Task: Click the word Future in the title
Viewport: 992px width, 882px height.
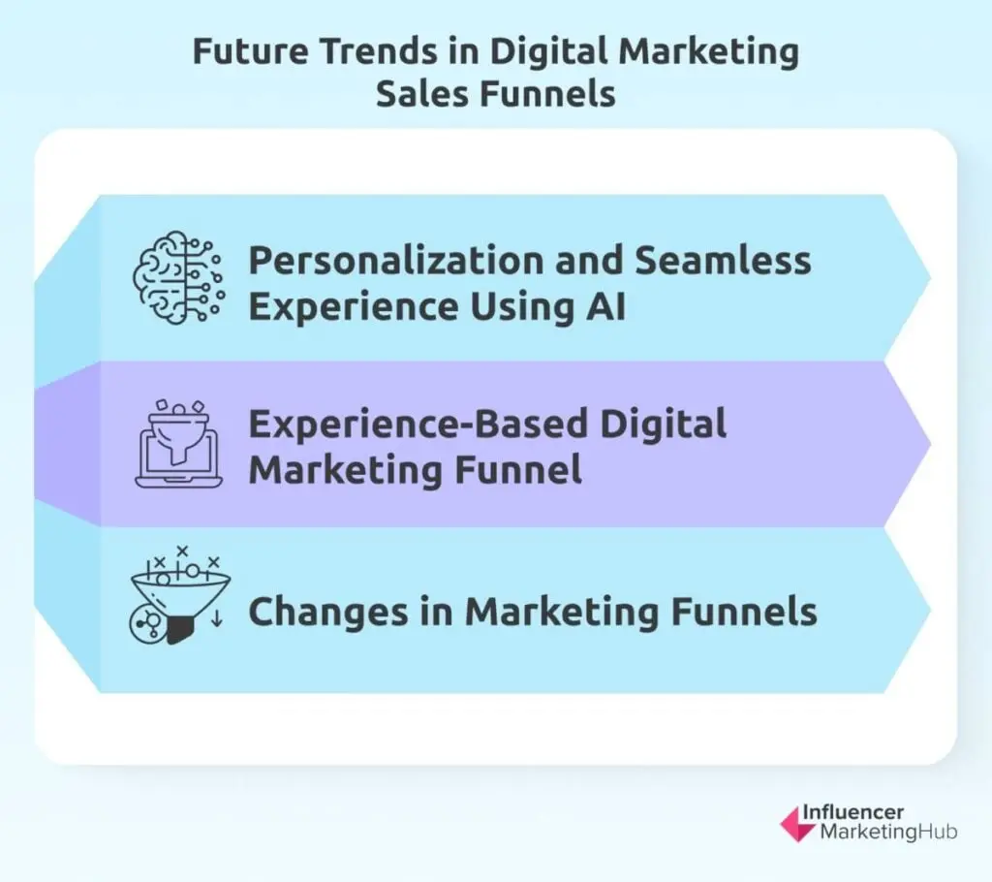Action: pyautogui.click(x=250, y=51)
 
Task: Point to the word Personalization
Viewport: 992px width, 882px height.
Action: pyautogui.click(x=396, y=261)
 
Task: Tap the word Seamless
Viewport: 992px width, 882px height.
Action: pyautogui.click(x=723, y=260)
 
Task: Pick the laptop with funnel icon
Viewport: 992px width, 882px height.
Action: pyautogui.click(x=179, y=444)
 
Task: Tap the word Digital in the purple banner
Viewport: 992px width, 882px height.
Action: pyautogui.click(x=663, y=425)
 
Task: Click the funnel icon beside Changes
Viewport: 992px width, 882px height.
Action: pyautogui.click(x=179, y=596)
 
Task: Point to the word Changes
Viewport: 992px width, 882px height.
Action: pyautogui.click(x=328, y=613)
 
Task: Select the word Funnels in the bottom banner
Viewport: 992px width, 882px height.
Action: pyautogui.click(x=743, y=612)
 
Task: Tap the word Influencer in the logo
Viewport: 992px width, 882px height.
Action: pyautogui.click(x=852, y=811)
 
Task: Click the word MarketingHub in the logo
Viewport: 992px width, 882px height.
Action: pyautogui.click(x=888, y=832)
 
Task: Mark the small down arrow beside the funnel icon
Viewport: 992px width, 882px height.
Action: pyautogui.click(x=216, y=618)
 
